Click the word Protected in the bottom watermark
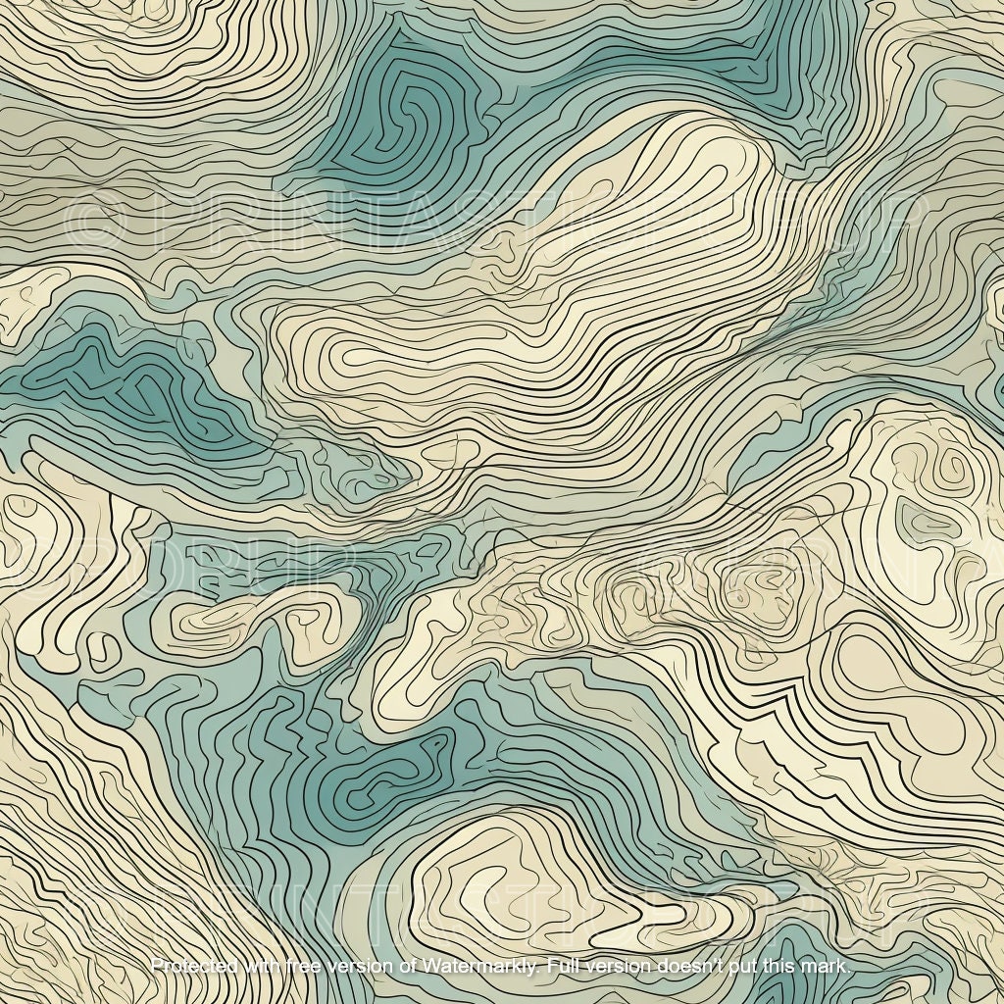[x=193, y=967]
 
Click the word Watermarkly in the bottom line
[x=479, y=967]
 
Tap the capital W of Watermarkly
[x=429, y=967]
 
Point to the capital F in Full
[x=551, y=967]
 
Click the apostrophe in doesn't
[x=714, y=962]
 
